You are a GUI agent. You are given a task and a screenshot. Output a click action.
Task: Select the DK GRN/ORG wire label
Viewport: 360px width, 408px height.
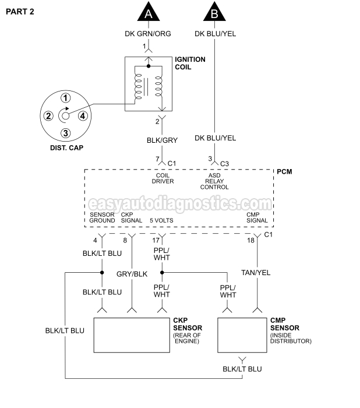148,33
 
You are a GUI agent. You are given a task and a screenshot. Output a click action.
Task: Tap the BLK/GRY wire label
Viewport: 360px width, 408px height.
162,140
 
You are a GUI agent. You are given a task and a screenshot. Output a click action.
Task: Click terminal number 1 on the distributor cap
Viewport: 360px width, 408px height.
66,98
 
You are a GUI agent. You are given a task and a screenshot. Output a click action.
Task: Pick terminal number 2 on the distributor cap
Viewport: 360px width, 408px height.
49,115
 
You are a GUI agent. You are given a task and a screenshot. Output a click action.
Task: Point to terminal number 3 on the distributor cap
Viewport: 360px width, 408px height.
66,133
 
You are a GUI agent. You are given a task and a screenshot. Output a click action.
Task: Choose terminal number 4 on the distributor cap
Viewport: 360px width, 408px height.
83,115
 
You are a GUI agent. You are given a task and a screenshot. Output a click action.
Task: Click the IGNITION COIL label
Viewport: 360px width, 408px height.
192,63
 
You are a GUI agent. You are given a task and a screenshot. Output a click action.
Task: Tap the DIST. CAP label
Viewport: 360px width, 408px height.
66,148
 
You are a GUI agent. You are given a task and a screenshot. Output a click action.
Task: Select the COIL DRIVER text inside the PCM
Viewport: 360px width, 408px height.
164,178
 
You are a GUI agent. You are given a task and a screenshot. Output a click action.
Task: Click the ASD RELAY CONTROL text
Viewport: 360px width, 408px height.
214,181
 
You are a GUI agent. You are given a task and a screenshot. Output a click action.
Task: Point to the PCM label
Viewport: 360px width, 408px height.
285,171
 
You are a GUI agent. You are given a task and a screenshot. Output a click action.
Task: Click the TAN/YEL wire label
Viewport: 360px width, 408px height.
256,272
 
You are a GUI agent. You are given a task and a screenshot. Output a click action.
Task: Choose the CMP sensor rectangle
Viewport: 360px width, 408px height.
242,335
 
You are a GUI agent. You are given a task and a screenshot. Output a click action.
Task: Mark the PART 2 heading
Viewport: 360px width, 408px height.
20,12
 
